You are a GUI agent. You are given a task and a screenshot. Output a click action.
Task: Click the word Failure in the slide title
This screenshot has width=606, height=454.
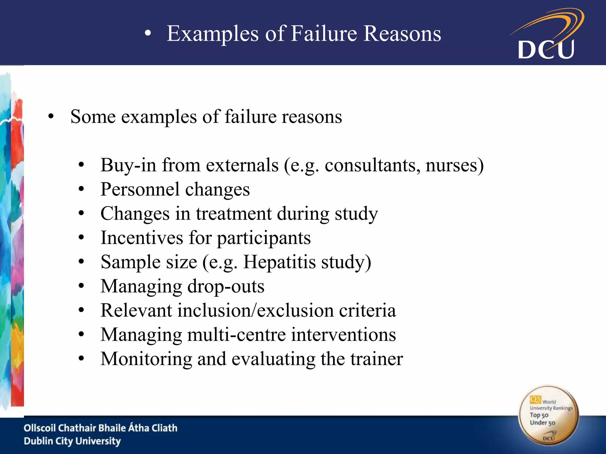[x=324, y=33]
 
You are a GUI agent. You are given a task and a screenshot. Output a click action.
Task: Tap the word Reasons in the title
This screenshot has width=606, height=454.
[x=402, y=33]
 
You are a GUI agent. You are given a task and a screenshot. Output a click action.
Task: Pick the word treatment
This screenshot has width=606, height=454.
[x=233, y=214]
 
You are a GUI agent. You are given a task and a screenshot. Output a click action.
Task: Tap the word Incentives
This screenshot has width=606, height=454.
[x=142, y=238]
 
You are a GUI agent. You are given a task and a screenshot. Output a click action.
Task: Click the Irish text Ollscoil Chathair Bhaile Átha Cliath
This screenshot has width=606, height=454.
[x=101, y=428]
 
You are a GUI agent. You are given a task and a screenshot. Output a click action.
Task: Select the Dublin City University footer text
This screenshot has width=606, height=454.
[x=72, y=441]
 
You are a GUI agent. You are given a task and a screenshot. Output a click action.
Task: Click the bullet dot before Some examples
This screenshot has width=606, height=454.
[x=51, y=117]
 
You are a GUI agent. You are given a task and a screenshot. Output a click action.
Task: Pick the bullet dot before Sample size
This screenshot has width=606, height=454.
[x=81, y=262]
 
